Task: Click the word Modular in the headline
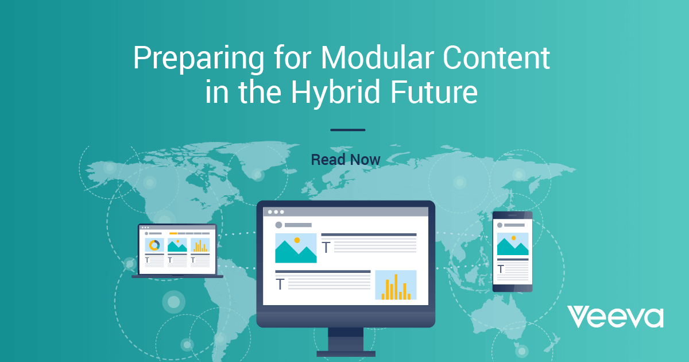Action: coord(377,58)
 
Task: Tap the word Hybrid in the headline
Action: coord(335,92)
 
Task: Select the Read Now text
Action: coord(346,160)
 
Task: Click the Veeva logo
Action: coord(615,317)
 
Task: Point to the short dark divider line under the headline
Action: coord(347,130)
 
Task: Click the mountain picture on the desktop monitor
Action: coord(296,248)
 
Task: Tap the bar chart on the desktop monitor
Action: coord(396,285)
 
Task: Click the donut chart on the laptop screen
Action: coord(154,245)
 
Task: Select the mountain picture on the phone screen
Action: coord(513,244)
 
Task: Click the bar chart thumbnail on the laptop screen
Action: coord(200,245)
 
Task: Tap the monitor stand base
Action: coord(346,354)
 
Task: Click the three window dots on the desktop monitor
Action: coord(276,212)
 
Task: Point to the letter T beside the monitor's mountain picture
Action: coord(326,248)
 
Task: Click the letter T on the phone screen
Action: coord(501,269)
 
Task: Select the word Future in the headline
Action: coord(434,92)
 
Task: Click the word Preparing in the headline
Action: coord(199,59)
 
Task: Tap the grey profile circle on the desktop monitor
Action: coord(278,225)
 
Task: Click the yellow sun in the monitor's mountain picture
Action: coord(297,240)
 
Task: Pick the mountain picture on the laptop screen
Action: coord(177,245)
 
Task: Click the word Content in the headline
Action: coord(496,58)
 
